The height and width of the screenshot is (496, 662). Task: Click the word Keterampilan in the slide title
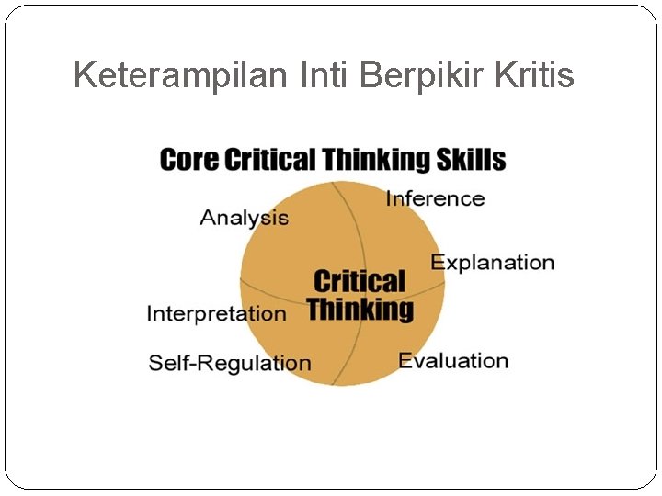[x=182, y=74]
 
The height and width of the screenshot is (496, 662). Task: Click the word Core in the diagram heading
[x=189, y=160]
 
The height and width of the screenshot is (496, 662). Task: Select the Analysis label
[x=244, y=218]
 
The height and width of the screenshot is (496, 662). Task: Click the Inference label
[x=435, y=198]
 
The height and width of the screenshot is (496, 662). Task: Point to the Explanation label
[x=493, y=263]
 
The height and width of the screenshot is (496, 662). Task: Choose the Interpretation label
[x=217, y=314]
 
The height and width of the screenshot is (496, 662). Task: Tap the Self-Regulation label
[x=230, y=363]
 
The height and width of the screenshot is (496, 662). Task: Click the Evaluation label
[x=453, y=361]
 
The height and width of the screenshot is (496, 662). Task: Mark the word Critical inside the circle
[x=360, y=281]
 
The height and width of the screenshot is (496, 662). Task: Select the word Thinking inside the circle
[x=360, y=310]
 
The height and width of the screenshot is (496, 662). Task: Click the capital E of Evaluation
[x=405, y=361]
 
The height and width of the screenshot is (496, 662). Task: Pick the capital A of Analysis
[x=207, y=218]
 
